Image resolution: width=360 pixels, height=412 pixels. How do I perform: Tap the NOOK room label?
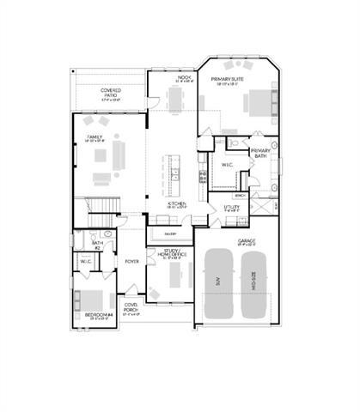click(182, 79)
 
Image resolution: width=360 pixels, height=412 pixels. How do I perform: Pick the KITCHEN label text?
click(176, 204)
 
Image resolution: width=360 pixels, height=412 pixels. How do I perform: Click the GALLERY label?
click(170, 233)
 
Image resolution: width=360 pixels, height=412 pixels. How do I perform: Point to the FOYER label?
click(131, 260)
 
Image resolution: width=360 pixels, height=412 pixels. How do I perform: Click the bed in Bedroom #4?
click(88, 300)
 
